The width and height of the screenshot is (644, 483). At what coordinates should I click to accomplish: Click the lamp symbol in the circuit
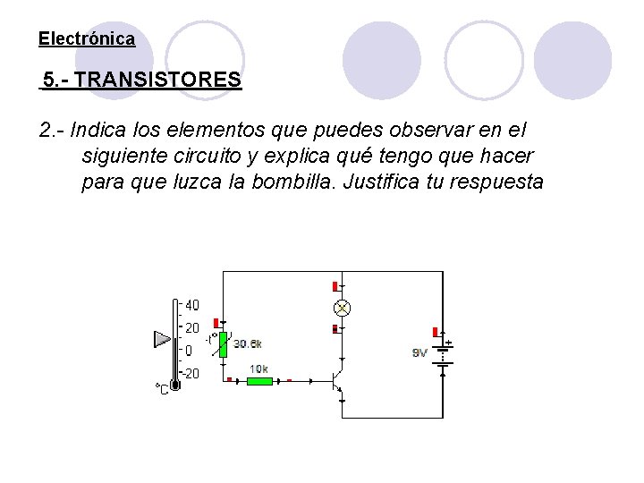(341, 308)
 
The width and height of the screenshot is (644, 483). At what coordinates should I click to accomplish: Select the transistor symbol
(338, 380)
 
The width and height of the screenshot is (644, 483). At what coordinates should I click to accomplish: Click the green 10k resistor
(259, 381)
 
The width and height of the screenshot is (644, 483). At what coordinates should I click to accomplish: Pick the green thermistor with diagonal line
(225, 340)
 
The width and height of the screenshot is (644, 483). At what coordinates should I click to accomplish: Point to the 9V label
(419, 352)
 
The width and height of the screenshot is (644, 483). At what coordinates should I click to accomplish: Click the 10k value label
(258, 369)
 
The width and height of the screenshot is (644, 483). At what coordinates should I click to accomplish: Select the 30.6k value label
(249, 343)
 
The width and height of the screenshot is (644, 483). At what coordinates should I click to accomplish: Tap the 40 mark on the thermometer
(192, 305)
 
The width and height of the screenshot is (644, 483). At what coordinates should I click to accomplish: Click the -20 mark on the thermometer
(191, 374)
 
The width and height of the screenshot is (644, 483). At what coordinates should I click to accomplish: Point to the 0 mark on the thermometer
(189, 351)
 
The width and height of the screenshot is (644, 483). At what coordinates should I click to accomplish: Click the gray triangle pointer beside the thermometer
(162, 339)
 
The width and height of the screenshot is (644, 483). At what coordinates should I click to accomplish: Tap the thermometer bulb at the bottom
(175, 383)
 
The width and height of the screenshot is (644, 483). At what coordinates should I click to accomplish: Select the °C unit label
(161, 389)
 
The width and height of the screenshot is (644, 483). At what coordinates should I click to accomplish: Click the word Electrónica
(87, 39)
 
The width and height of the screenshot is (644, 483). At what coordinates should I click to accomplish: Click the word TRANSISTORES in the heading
(158, 80)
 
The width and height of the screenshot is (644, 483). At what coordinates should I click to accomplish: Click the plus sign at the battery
(449, 343)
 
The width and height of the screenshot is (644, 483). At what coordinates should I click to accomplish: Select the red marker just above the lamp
(335, 286)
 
